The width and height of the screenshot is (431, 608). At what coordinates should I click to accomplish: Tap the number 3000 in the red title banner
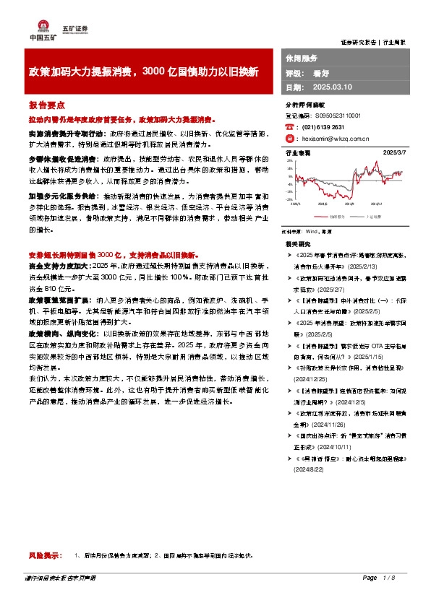click(155, 72)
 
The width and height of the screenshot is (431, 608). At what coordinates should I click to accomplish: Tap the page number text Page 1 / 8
click(378, 599)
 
